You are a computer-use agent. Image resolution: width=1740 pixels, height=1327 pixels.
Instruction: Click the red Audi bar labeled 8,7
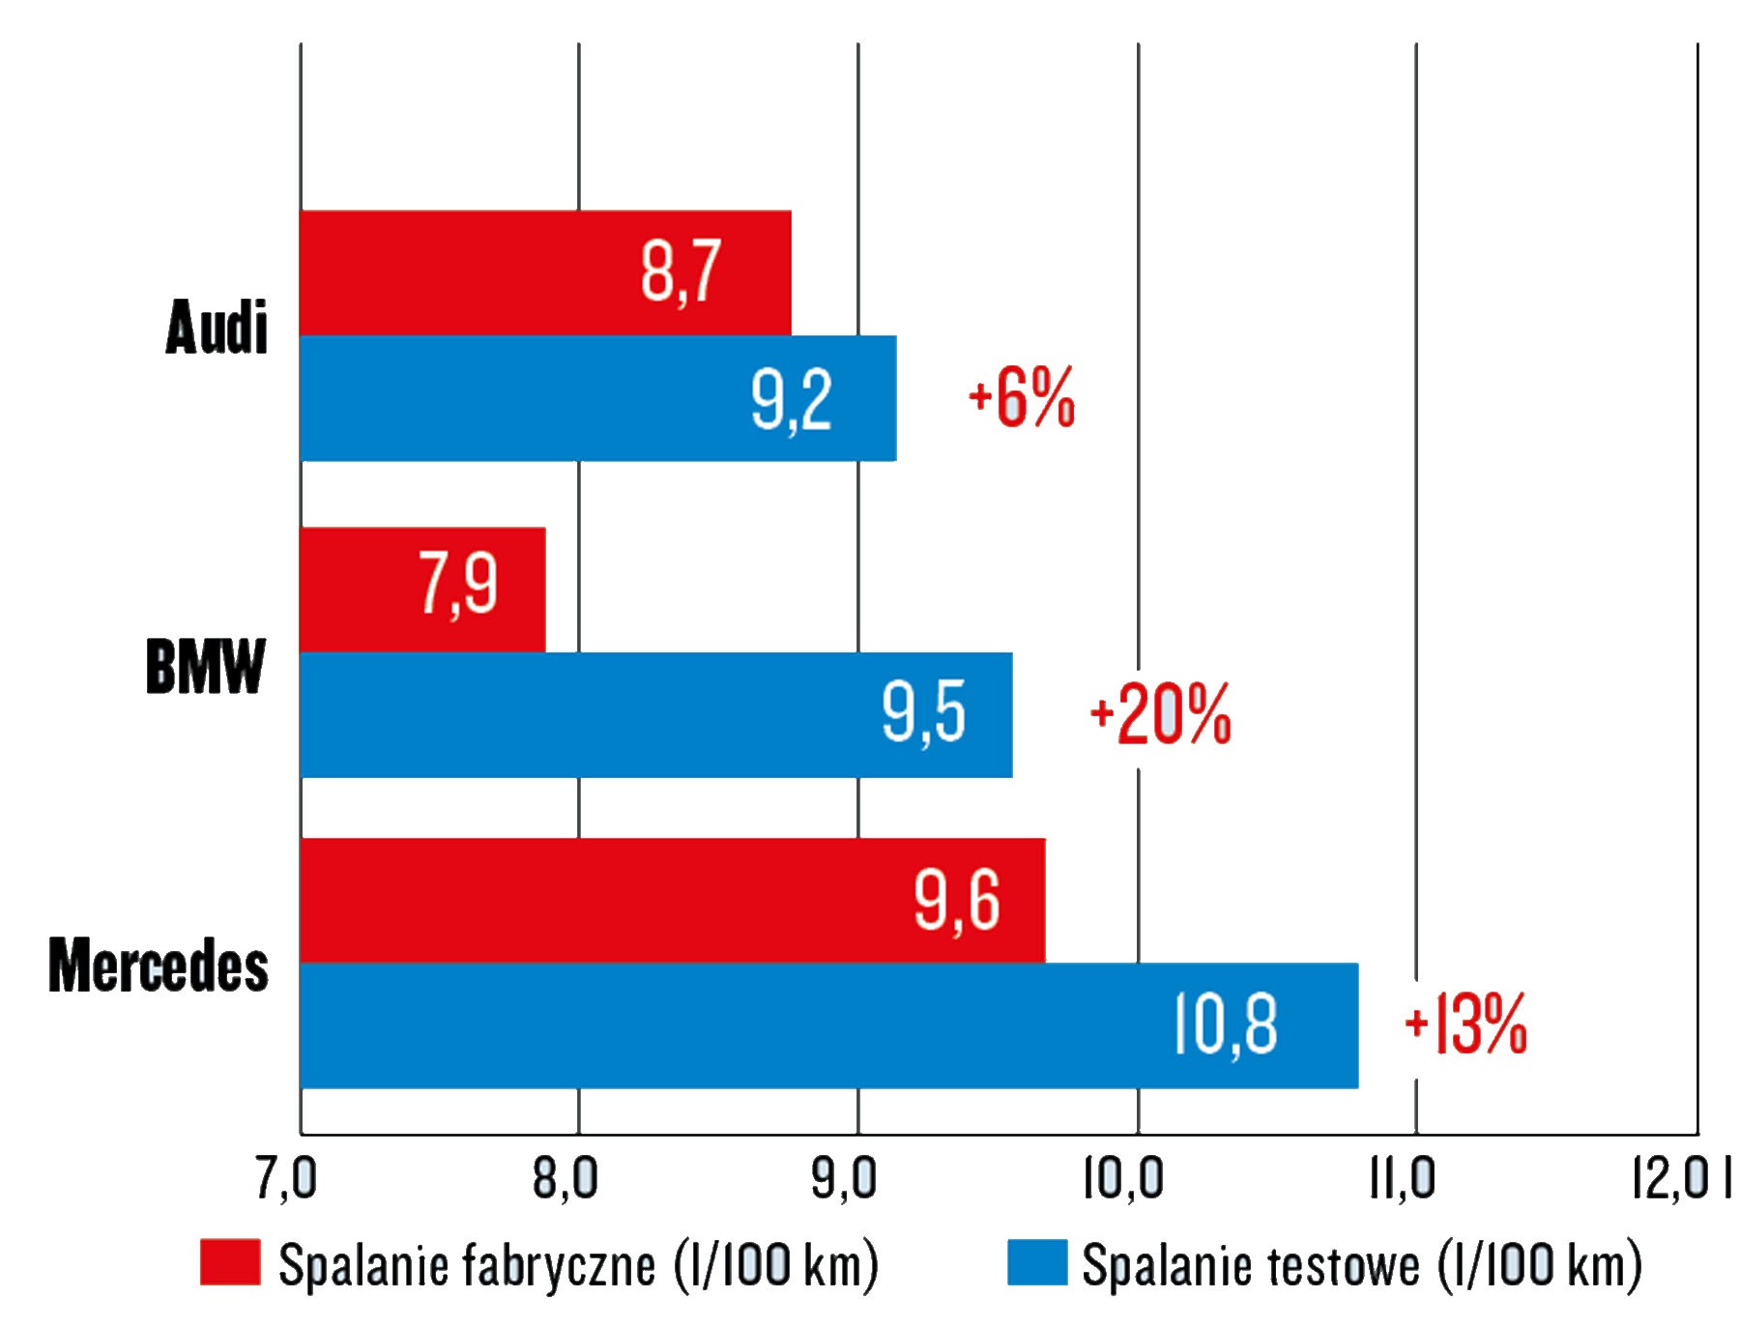[545, 273]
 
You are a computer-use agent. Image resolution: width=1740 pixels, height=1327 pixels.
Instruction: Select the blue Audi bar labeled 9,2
[597, 398]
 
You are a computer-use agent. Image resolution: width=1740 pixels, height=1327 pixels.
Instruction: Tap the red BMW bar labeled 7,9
[422, 589]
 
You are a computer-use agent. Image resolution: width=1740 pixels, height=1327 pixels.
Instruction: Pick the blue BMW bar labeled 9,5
[655, 714]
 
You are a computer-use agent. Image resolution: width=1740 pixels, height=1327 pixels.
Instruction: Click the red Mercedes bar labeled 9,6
[672, 900]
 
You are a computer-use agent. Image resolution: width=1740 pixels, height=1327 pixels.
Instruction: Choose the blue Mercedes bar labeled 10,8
[828, 1024]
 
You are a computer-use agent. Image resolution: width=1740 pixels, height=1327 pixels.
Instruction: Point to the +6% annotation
[1022, 397]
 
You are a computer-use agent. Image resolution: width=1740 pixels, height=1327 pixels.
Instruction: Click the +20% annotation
[1160, 714]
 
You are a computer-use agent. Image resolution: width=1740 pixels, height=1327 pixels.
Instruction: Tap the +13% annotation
[1465, 1024]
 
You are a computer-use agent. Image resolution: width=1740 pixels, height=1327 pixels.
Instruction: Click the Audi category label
[217, 328]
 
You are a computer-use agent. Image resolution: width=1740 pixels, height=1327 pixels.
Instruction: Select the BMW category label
[205, 667]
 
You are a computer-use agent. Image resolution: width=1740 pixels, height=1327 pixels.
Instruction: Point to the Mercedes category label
[159, 966]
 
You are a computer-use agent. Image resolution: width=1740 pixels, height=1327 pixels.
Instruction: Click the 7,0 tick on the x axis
[286, 1179]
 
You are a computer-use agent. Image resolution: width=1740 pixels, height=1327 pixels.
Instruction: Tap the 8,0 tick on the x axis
[565, 1179]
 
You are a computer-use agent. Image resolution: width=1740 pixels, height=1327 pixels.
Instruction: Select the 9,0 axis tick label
[844, 1179]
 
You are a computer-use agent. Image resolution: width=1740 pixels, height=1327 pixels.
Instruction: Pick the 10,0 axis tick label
[1122, 1179]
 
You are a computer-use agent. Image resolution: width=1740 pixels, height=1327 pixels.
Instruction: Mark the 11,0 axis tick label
[1402, 1179]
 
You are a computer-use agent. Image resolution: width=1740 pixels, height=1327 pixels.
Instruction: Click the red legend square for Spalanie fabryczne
[230, 1262]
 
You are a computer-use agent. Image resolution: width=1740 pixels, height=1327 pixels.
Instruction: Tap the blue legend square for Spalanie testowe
[1037, 1262]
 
